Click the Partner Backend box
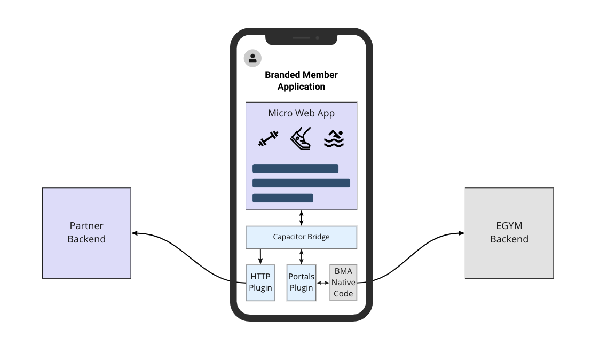tap(86, 233)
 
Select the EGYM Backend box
tap(509, 233)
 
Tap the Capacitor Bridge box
tap(301, 237)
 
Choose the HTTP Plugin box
tap(261, 283)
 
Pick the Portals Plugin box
tap(301, 283)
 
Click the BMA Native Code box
tap(343, 283)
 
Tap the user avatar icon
tap(252, 58)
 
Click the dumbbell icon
tap(268, 139)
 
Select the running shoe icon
tap(301, 139)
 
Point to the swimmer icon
tap(334, 139)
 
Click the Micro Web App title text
tap(301, 113)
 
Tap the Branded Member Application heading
tap(301, 81)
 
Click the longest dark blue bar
tap(301, 183)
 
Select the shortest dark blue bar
tap(282, 198)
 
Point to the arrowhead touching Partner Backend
tap(135, 233)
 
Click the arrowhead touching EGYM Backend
tap(461, 233)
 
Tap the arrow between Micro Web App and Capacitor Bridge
tap(301, 218)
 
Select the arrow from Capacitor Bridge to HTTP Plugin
tap(260, 256)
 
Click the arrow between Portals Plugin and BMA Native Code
tap(322, 283)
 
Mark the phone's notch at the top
tap(301, 38)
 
